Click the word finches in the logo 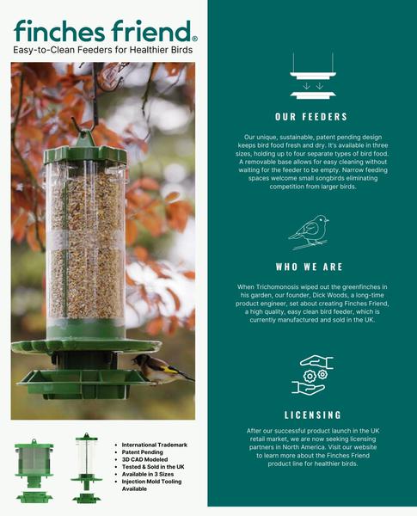[x=59, y=31]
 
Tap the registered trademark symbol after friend [x=194, y=39]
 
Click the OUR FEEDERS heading [x=311, y=117]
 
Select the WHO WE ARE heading [x=310, y=267]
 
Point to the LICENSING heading [x=313, y=415]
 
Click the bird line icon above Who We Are [x=309, y=232]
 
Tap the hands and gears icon [x=312, y=375]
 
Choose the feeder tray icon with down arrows [x=313, y=76]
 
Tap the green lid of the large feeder [x=85, y=155]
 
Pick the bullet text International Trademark [x=155, y=445]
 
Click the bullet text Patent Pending [x=142, y=452]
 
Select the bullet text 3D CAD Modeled [x=144, y=459]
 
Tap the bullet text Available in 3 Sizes [x=148, y=474]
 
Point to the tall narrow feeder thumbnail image [x=87, y=468]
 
